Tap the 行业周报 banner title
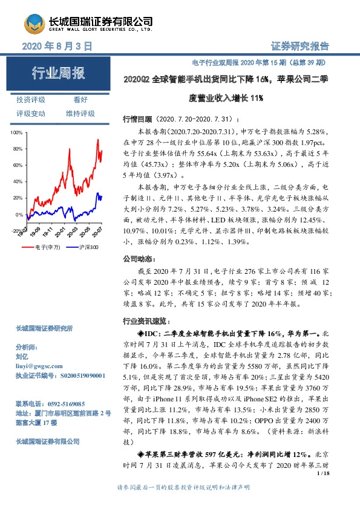tap(59, 74)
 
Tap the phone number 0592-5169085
tap(60, 403)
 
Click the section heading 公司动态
tap(136, 258)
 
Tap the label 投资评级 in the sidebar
tap(31, 100)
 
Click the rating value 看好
tap(80, 100)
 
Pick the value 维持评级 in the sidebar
tap(80, 113)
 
